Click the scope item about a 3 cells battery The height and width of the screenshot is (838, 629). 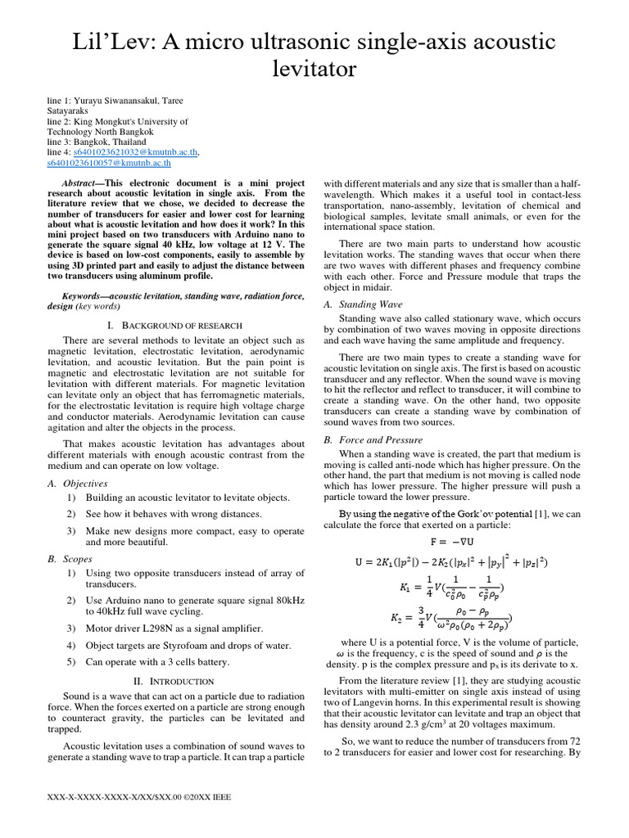[159, 662]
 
